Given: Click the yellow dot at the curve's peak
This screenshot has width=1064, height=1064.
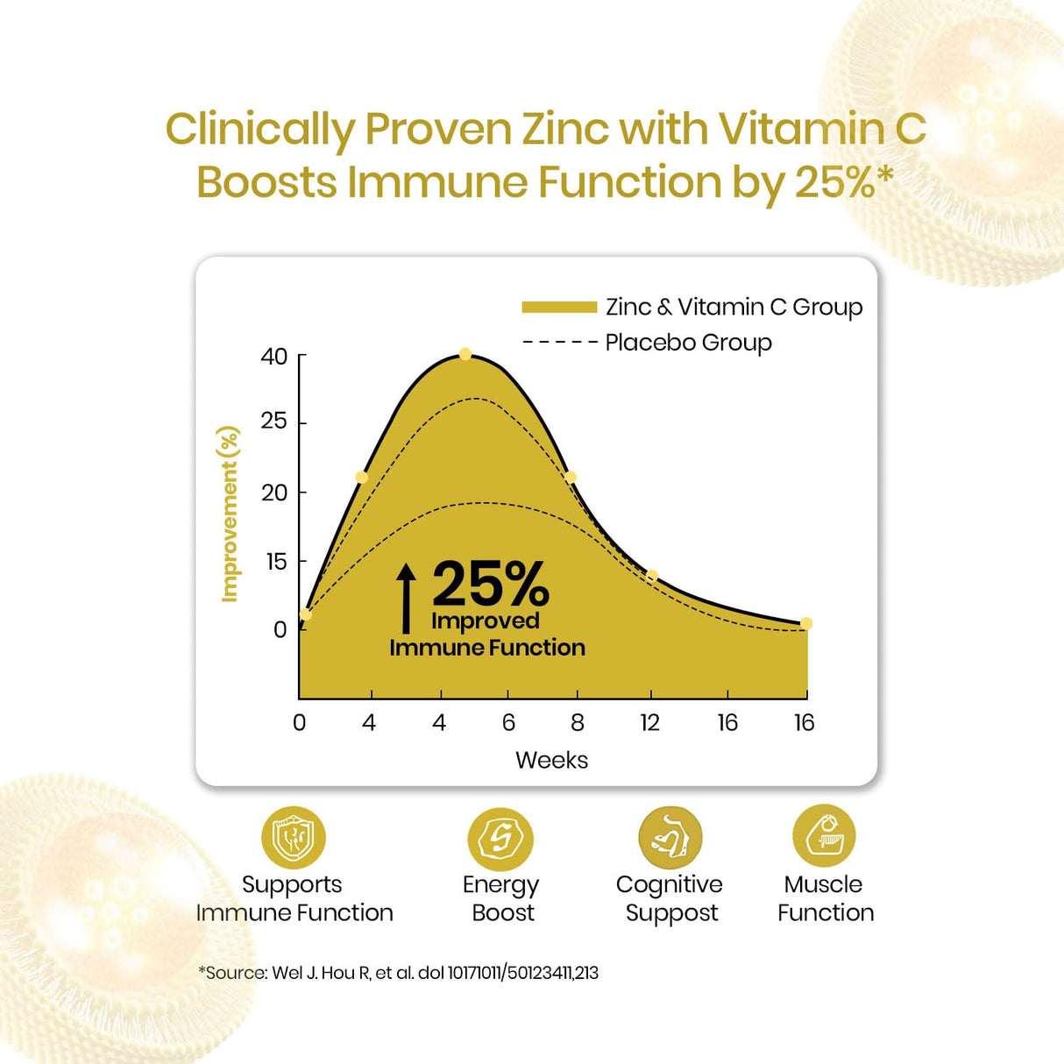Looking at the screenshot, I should point(465,354).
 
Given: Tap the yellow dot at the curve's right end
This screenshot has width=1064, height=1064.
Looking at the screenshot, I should point(806,624).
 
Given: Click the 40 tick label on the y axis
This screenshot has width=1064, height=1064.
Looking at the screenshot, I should point(273,357).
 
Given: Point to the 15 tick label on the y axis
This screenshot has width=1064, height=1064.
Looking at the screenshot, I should point(275,562).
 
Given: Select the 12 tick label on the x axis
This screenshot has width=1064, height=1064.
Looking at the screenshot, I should point(649,723).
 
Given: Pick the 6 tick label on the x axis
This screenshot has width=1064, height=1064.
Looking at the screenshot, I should point(508,723).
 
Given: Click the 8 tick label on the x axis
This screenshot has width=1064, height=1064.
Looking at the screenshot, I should point(577,723).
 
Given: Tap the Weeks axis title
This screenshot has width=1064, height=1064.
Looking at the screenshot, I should point(551,760).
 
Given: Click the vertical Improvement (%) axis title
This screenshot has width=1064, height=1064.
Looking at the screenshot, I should point(230,514).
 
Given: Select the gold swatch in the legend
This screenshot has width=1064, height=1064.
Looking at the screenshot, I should point(559,307).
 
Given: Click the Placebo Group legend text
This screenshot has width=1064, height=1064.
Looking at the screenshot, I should point(688,343).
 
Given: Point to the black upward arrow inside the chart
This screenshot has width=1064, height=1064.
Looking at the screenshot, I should point(406,598).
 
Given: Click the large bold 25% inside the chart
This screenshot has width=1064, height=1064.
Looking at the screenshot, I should point(491,584).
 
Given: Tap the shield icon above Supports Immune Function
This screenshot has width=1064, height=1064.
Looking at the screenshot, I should point(294,838).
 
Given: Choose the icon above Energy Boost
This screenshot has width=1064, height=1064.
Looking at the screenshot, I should point(500,839).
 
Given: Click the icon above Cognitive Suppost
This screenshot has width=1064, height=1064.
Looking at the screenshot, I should point(670,838).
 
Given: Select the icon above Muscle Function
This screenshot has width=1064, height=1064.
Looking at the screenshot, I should point(824,835).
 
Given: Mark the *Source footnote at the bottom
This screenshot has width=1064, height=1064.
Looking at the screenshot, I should point(398,973).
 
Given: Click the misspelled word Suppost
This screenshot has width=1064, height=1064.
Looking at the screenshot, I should point(671,913).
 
